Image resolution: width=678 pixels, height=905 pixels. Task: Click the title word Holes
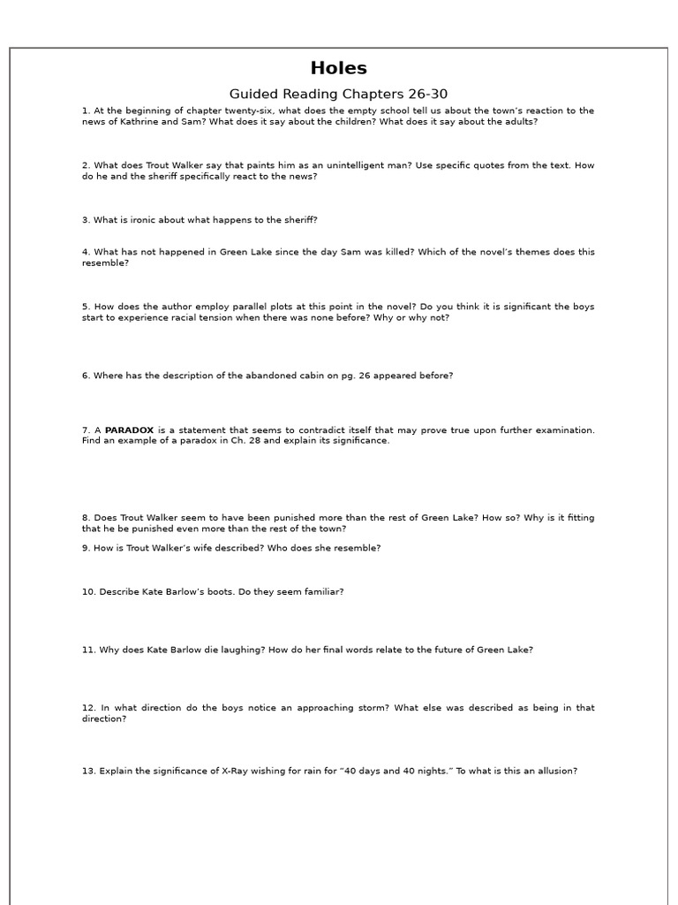(x=339, y=69)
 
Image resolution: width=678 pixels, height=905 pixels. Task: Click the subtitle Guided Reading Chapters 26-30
(x=339, y=94)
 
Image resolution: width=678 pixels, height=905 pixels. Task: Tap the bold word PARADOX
(x=129, y=430)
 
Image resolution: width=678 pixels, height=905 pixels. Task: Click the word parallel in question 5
(x=237, y=307)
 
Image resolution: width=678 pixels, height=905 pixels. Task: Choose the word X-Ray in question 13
(x=221, y=771)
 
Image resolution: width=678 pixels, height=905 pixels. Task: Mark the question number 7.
(x=87, y=430)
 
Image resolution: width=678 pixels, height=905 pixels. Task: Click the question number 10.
(x=89, y=592)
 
